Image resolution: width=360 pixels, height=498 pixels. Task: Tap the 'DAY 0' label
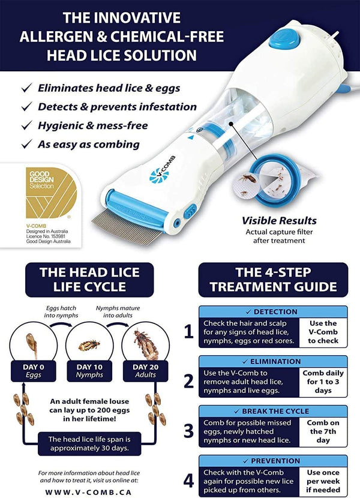[x=38, y=367]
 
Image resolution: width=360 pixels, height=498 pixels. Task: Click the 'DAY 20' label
[x=145, y=367]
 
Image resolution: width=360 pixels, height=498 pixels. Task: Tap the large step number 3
[x=188, y=430]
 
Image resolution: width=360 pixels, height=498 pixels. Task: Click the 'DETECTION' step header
[x=273, y=312]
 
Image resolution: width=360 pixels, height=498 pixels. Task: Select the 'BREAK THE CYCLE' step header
[x=273, y=412]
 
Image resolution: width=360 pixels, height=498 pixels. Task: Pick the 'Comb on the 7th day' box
[x=324, y=431]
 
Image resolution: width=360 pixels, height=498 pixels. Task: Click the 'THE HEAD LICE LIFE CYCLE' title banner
[x=91, y=280]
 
